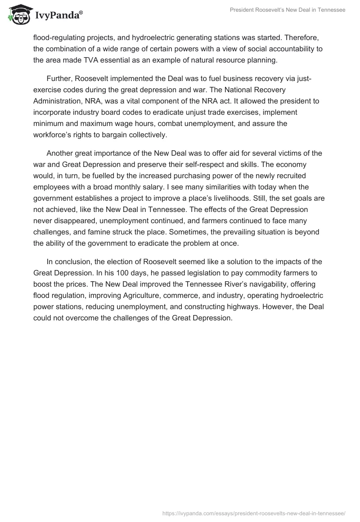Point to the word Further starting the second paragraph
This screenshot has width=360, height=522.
pos(59,79)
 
